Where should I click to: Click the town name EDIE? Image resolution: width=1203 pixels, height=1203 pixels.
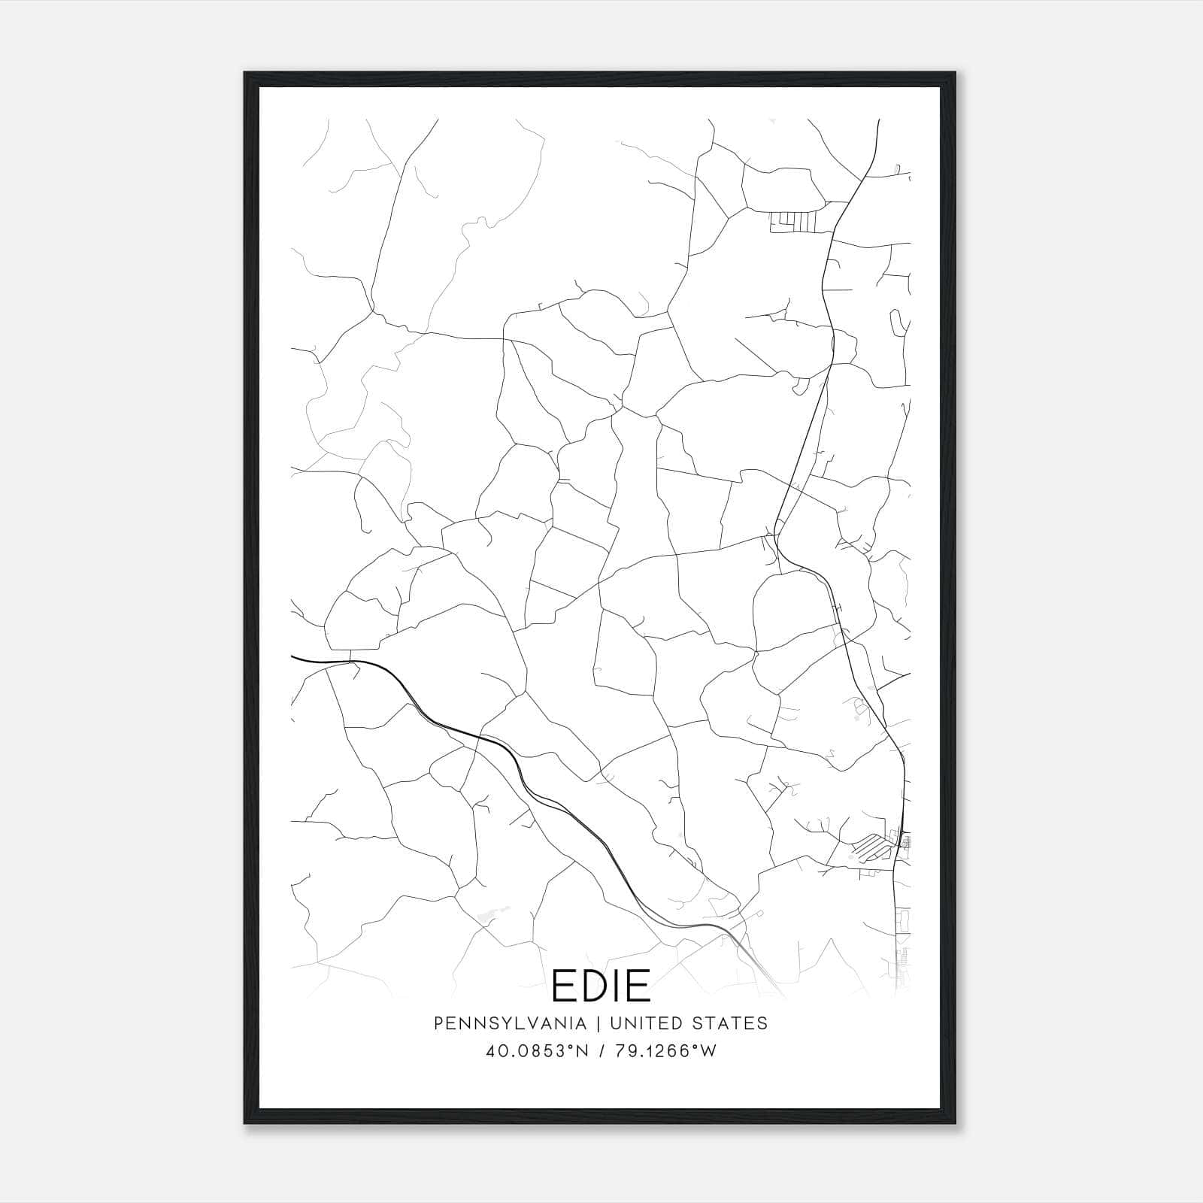click(601, 986)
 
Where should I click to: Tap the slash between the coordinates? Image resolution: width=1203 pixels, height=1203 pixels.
click(601, 1051)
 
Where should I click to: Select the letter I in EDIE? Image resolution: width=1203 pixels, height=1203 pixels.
click(615, 986)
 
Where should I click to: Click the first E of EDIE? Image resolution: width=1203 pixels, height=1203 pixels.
click(562, 986)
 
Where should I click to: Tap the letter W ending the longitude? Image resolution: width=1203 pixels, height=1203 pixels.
click(708, 1051)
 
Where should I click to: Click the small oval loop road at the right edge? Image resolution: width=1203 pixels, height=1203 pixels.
click(896, 323)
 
